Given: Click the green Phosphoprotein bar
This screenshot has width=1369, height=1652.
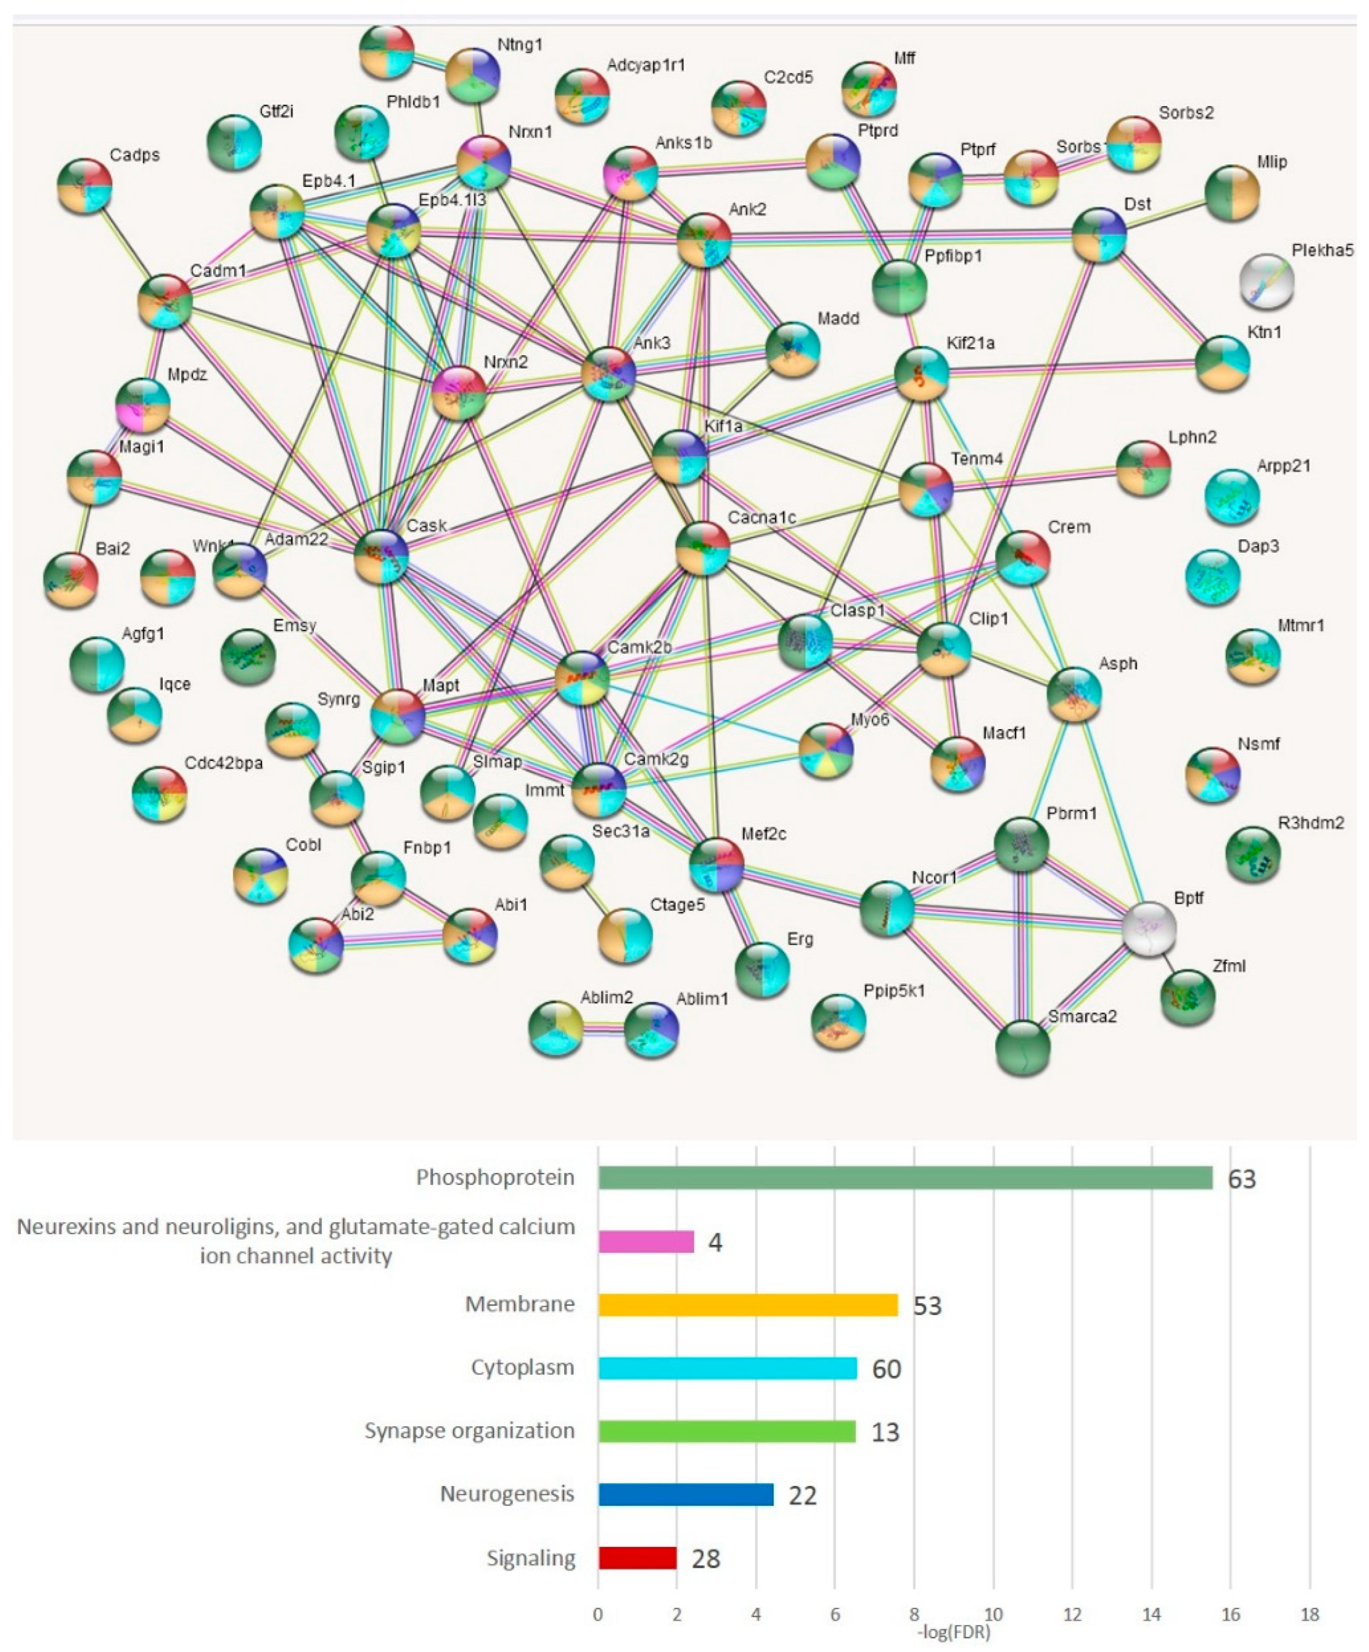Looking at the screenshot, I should coord(904,1178).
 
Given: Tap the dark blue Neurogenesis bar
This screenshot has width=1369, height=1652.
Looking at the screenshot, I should coord(686,1494).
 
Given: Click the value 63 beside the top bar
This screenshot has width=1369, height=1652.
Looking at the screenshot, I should coord(1241,1179).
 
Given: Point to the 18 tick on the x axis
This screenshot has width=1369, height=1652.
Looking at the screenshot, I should coord(1309,1615).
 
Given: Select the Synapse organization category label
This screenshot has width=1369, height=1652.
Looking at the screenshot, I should coord(469,1431).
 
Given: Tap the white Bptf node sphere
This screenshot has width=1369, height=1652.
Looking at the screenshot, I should coord(1150,929).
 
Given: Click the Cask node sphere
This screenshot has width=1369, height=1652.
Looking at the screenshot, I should coord(381,556).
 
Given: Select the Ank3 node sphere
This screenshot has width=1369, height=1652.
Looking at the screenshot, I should coord(608,375).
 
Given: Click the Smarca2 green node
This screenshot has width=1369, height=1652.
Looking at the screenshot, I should coord(1022,1047).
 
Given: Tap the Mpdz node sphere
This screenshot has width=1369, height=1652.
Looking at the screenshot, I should coord(142,405).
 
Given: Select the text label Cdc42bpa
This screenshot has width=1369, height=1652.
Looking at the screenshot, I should coord(223,763).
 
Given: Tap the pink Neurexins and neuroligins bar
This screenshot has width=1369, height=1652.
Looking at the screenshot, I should coord(646,1241).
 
